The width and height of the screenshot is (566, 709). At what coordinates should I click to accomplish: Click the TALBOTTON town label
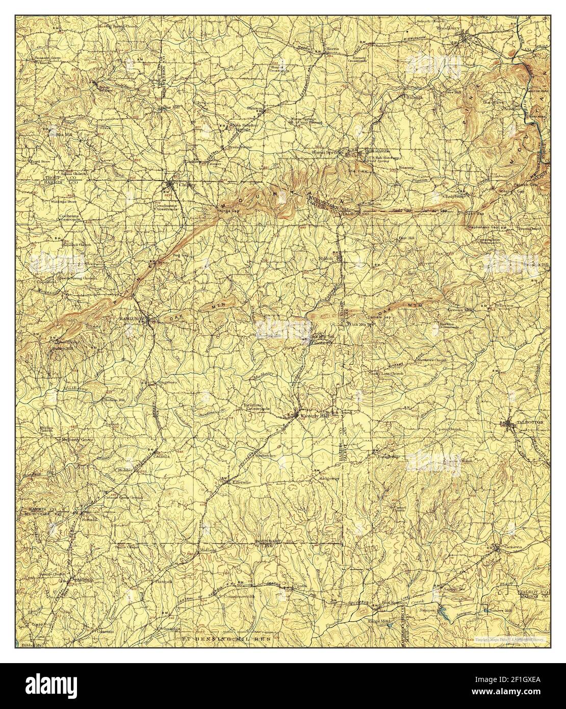pyautogui.click(x=530, y=423)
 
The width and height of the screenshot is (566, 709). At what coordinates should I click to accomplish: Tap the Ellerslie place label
pyautogui.click(x=240, y=482)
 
